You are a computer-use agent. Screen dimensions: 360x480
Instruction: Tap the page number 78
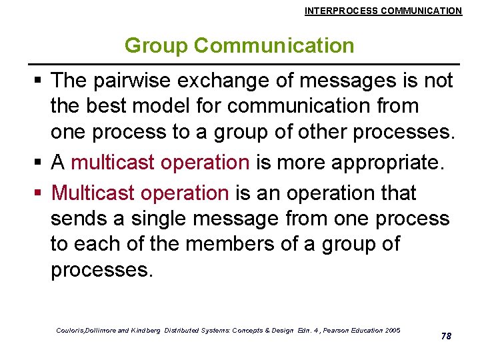pyautogui.click(x=446, y=336)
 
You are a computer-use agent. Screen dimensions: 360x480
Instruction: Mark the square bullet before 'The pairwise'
pyautogui.click(x=39, y=81)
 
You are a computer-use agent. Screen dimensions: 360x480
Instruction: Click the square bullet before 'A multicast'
pyautogui.click(x=39, y=163)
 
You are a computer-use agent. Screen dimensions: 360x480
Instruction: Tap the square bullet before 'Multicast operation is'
pyautogui.click(x=39, y=193)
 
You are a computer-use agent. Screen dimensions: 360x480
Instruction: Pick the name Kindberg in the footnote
pyautogui.click(x=147, y=331)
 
